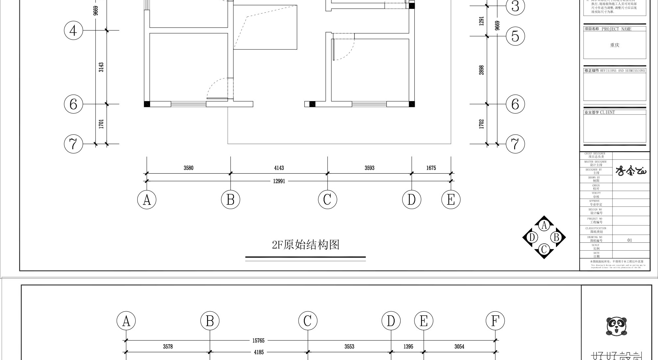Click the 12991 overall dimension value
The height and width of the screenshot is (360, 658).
(279, 181)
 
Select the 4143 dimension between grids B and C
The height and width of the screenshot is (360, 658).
(279, 168)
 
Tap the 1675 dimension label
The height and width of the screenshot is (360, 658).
(431, 168)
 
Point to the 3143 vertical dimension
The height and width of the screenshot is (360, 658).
(101, 67)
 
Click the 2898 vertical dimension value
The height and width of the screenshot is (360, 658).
(481, 70)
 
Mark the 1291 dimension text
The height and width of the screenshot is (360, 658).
(481, 21)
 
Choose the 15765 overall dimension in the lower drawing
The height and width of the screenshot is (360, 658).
(258, 341)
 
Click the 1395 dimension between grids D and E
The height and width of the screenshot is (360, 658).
(408, 346)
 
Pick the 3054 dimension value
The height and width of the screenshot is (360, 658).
(459, 346)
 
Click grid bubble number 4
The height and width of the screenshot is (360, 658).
(73, 31)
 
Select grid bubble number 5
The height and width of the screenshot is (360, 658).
(515, 36)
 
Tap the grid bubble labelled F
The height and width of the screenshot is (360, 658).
(495, 321)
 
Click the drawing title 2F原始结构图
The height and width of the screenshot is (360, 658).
(305, 245)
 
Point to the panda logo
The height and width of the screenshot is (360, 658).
(616, 326)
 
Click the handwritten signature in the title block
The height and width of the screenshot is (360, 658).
(631, 171)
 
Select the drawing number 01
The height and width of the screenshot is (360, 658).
(629, 240)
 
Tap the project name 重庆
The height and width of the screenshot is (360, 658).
(615, 45)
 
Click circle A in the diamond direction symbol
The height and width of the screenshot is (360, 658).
(544, 225)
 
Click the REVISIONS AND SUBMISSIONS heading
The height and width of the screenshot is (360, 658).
(622, 70)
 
